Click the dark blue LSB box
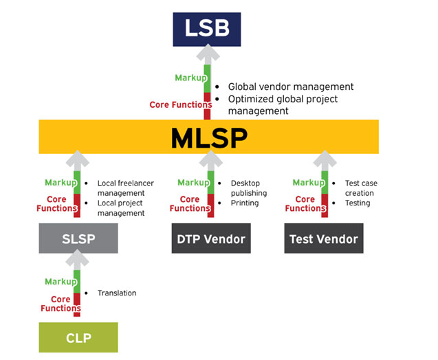coord(207,30)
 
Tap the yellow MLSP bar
coord(208,137)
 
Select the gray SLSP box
coord(78,240)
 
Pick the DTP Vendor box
coord(208,240)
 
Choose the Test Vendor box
coord(323,240)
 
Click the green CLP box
coord(78,339)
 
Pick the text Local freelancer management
coord(125,188)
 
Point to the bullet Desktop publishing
coord(248,188)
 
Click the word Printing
coord(244,203)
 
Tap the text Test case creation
coord(360,188)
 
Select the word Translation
coord(116,293)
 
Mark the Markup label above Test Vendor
coord(307,183)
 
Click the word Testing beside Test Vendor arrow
coord(357,203)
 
